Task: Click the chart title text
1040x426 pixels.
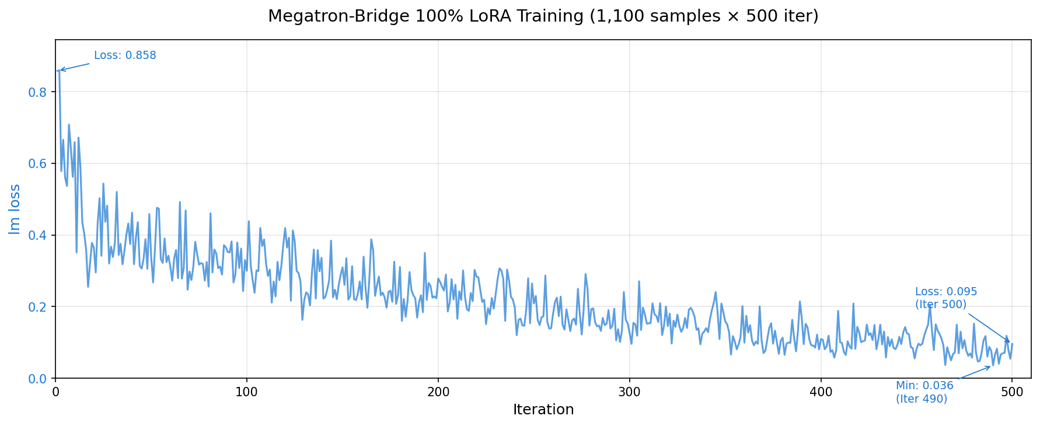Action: [543, 16]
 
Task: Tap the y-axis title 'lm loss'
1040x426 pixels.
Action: [15, 209]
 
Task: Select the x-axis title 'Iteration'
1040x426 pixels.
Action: [543, 410]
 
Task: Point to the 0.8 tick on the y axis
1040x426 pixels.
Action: [38, 92]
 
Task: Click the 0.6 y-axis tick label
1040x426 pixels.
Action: [38, 164]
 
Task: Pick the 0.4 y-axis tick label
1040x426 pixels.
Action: [38, 236]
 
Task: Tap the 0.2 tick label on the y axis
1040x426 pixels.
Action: [38, 307]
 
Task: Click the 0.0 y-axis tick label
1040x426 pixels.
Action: [38, 379]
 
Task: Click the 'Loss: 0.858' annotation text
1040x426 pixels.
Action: [125, 56]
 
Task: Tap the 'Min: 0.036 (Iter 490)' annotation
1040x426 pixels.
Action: [924, 392]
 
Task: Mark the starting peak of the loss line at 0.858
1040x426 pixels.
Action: [59, 71]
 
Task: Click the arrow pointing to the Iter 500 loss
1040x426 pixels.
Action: [990, 329]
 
